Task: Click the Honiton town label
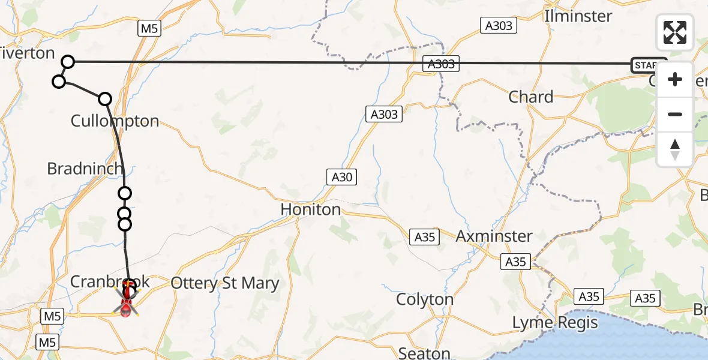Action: pyautogui.click(x=311, y=209)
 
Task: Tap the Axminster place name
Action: pyautogui.click(x=494, y=236)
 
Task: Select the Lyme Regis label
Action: pyautogui.click(x=555, y=323)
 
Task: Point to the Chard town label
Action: pyautogui.click(x=530, y=97)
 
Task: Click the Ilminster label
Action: pyautogui.click(x=578, y=16)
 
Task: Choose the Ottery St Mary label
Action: pyautogui.click(x=225, y=283)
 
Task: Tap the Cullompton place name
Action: pyautogui.click(x=115, y=121)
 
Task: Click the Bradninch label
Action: pyautogui.click(x=85, y=169)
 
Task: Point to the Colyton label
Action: pyautogui.click(x=425, y=299)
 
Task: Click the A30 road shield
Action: pyautogui.click(x=342, y=177)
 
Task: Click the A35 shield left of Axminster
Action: pyautogui.click(x=425, y=237)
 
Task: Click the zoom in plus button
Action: pyautogui.click(x=675, y=80)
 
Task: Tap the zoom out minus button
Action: pyautogui.click(x=675, y=114)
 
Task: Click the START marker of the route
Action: pyautogui.click(x=648, y=65)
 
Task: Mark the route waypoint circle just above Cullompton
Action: pyautogui.click(x=105, y=98)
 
